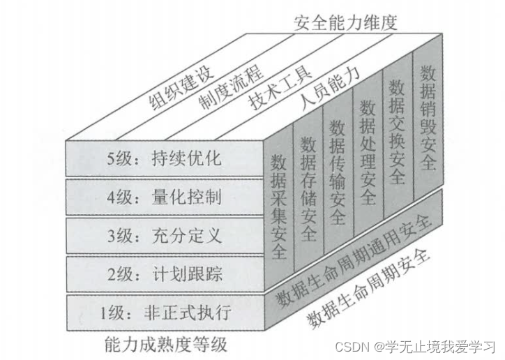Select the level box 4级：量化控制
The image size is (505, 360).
[x=166, y=197]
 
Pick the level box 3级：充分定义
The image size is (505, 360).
[x=166, y=235]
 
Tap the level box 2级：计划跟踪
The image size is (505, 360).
[x=166, y=273]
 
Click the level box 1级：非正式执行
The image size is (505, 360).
[x=166, y=312]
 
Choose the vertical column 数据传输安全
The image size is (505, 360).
[x=338, y=172]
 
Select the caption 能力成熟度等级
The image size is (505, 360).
[x=165, y=344]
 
